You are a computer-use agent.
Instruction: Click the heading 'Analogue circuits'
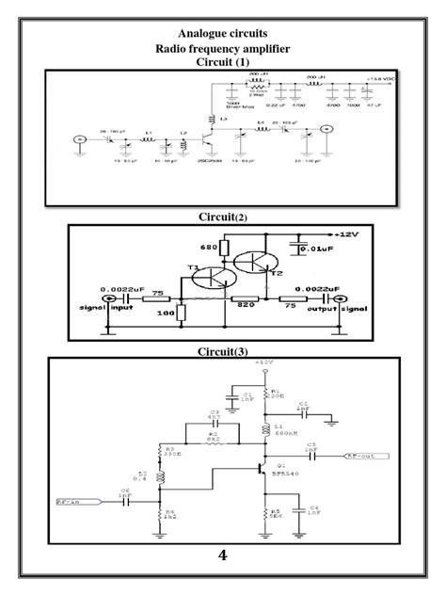(x=223, y=33)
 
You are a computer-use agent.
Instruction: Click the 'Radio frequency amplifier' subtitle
(x=223, y=48)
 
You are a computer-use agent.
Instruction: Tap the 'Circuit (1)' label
(x=223, y=62)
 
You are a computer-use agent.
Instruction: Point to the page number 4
(x=222, y=555)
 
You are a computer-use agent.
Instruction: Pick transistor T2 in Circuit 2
(x=257, y=263)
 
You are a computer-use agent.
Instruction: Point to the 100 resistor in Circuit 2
(x=166, y=313)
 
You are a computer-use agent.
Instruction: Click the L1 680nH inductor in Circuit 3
(x=266, y=428)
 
